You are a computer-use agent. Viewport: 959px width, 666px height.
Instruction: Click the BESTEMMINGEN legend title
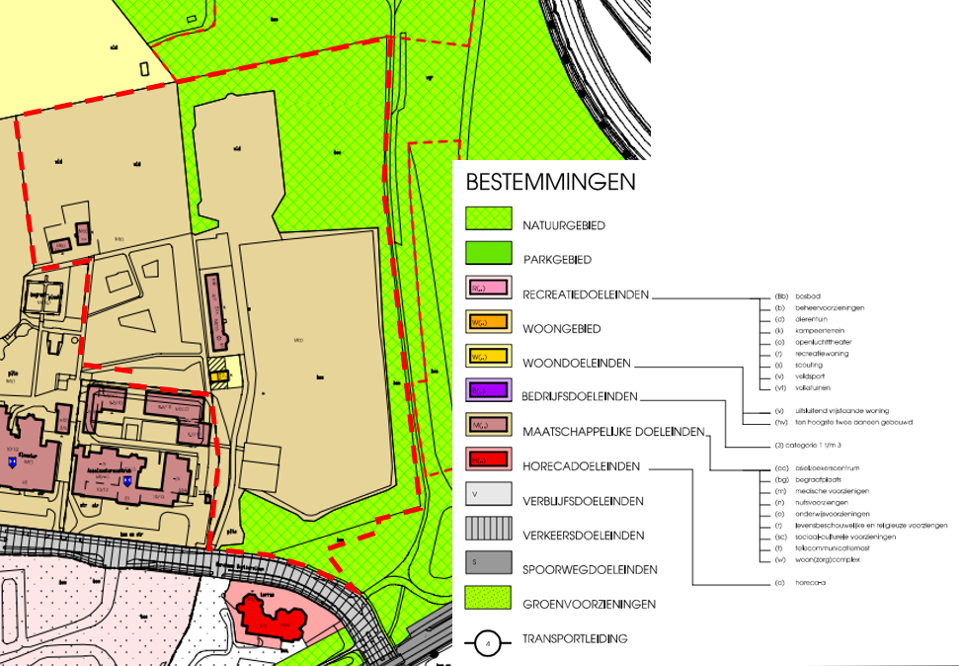coord(550,183)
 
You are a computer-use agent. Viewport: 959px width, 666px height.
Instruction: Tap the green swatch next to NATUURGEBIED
coord(489,218)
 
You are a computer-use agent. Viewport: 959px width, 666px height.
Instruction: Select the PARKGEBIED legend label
coord(557,260)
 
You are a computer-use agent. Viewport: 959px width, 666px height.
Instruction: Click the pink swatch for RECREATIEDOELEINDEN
coord(489,288)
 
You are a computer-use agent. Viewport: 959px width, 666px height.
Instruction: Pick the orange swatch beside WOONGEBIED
coord(489,322)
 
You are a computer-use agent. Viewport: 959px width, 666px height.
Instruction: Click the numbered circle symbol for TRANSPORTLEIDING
coord(488,644)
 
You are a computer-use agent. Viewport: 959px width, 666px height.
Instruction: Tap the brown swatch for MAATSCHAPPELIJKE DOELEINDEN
coord(489,425)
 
